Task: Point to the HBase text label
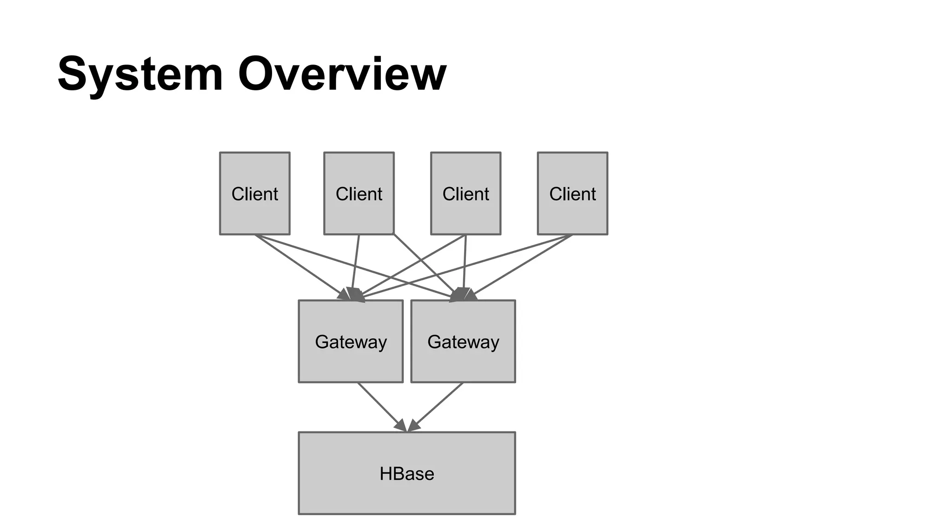click(407, 474)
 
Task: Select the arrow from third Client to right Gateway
click(465, 263)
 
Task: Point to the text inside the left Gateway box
click(350, 342)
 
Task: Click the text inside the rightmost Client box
click(572, 194)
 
